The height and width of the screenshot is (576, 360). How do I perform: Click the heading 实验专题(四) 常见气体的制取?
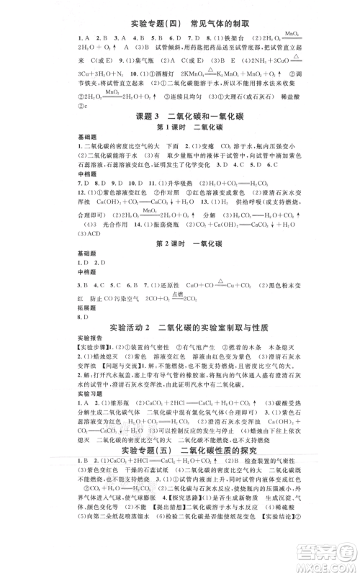(x=180, y=24)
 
